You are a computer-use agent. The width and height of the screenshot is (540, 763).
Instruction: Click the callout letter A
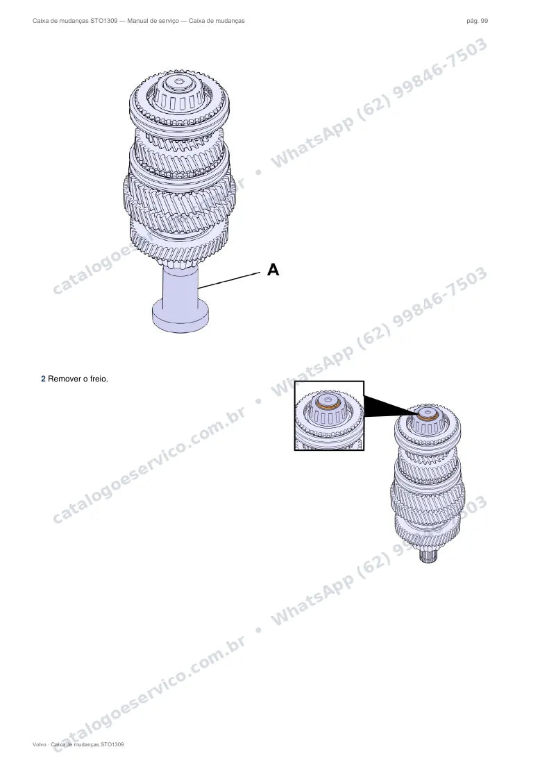tap(273, 270)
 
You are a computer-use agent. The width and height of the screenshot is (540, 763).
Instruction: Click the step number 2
tap(43, 379)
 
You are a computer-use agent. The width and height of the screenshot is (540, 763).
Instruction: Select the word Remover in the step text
tap(65, 379)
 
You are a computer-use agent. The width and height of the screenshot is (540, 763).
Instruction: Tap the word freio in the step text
tap(99, 379)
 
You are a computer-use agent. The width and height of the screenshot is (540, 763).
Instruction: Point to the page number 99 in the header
tap(484, 21)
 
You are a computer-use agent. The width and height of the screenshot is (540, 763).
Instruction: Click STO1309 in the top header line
tap(103, 21)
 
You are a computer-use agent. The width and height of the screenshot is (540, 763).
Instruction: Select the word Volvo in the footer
tap(40, 744)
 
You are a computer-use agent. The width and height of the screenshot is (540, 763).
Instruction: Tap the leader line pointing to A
tap(229, 280)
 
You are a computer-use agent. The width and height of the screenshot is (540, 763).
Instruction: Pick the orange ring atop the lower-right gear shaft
tap(427, 415)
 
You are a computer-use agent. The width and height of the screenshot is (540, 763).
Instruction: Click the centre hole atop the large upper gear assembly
tap(179, 80)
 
